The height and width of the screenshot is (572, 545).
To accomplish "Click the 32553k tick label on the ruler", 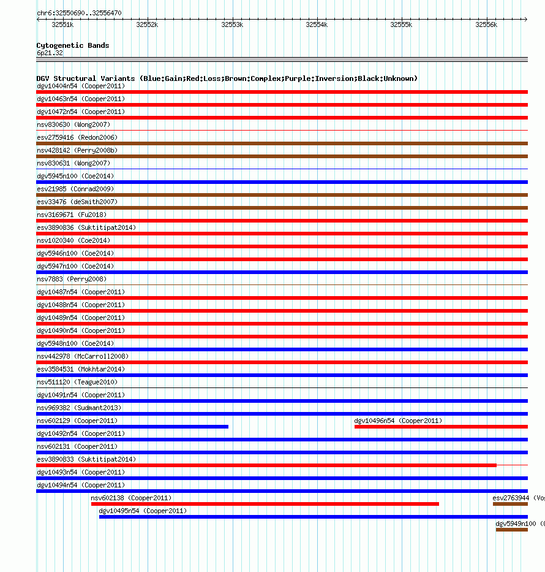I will [232, 25].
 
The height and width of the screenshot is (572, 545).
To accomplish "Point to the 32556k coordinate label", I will [487, 25].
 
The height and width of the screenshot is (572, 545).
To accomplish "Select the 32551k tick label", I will [62, 25].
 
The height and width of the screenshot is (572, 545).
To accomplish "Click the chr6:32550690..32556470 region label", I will [79, 13].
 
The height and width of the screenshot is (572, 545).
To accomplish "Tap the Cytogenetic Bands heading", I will [73, 45].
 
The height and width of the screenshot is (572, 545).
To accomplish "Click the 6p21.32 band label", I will [50, 53].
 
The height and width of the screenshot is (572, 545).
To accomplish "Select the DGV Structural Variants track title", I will [227, 78].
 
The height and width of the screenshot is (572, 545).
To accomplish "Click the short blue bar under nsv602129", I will [132, 427].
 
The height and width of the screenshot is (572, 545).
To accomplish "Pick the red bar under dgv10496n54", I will [441, 427].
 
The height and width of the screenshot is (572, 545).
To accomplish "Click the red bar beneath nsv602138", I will [265, 504].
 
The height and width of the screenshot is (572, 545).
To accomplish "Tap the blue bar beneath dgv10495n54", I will [313, 517].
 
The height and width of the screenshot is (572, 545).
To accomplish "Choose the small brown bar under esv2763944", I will [510, 504].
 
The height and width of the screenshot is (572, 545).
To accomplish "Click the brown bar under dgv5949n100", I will [511, 530].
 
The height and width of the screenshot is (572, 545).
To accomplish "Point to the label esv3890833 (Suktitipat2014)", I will [86, 459].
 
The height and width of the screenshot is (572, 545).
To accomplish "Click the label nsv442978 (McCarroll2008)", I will [83, 356].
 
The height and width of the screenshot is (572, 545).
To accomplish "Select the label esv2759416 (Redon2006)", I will [77, 137].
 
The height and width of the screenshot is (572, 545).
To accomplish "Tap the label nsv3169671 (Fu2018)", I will [71, 215].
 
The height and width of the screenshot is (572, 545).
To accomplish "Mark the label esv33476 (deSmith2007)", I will [77, 202].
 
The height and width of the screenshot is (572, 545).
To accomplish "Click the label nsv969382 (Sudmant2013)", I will [79, 408].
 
